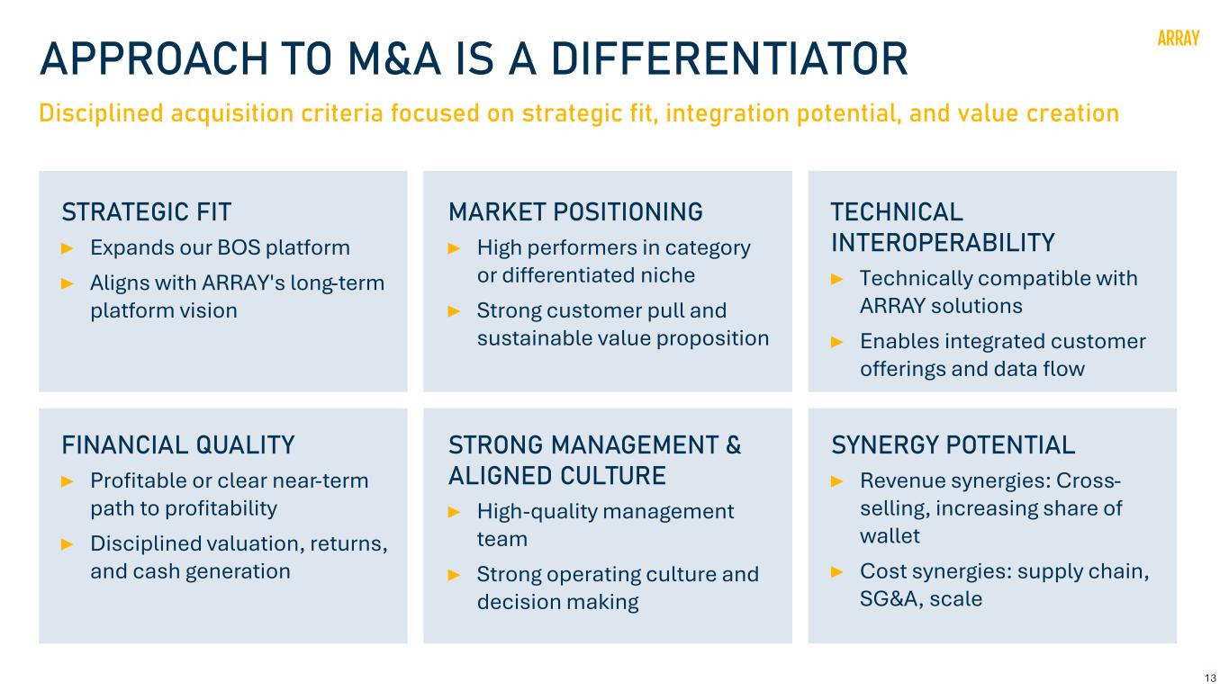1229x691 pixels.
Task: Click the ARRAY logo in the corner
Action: click(1178, 39)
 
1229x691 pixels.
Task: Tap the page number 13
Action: click(1210, 678)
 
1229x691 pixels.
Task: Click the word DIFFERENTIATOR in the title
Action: click(729, 58)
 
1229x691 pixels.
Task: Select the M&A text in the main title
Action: click(394, 58)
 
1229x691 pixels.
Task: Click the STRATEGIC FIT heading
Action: click(147, 212)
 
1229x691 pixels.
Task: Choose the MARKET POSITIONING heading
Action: click(575, 212)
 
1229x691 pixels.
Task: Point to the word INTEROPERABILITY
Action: click(943, 243)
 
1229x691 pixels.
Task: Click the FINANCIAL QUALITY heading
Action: click(178, 444)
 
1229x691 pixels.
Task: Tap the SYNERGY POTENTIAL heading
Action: click(953, 444)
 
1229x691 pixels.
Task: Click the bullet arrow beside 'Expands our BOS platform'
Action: click(68, 248)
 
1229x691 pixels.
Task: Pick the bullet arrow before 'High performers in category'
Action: click(454, 248)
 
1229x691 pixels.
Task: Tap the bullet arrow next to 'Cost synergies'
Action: click(836, 572)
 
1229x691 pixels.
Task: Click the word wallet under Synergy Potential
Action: click(890, 536)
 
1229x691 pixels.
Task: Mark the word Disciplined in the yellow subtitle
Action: click(102, 113)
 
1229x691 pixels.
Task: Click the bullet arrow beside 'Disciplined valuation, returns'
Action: click(68, 544)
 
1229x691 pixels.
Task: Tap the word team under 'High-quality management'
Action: click(502, 539)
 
